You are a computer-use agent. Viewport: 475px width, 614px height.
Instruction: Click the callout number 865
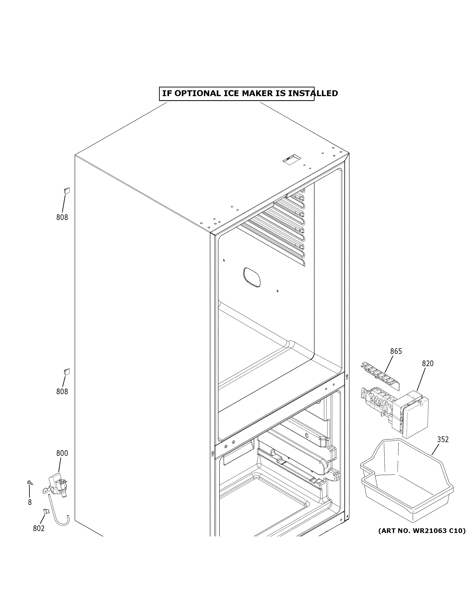(396, 351)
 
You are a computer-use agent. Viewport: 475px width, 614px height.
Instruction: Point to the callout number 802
(39, 529)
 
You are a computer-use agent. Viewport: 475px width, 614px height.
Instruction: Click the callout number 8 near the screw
(30, 502)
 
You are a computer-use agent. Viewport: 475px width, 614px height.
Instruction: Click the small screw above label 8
(29, 483)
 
